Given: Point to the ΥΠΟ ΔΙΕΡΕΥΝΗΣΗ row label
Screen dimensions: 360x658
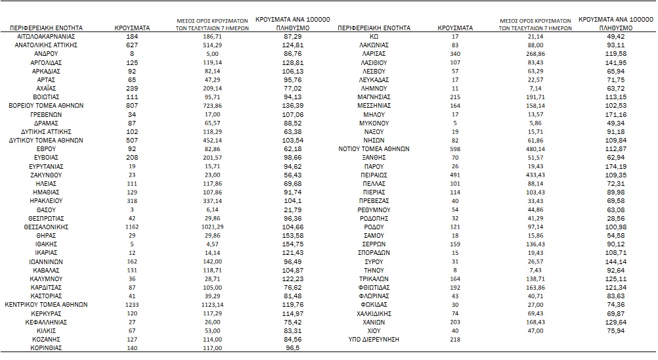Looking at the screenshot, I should [x=374, y=340].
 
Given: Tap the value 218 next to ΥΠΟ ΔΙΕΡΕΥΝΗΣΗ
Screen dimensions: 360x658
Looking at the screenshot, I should [x=455, y=340].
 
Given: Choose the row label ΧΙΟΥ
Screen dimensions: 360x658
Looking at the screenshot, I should [x=374, y=330].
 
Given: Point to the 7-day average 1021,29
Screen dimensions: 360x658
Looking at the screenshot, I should [x=212, y=227].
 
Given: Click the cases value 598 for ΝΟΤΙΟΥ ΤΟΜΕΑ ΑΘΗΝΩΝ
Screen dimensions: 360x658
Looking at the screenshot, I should [x=455, y=149].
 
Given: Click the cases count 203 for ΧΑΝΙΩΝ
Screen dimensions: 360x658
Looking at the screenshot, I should [x=455, y=322].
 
